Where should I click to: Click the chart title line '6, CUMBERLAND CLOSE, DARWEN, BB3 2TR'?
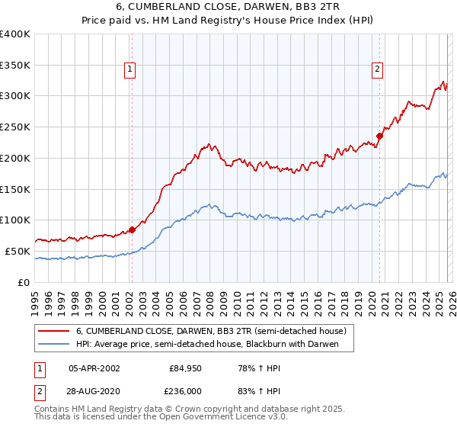tap(228, 8)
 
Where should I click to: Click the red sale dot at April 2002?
tap(132, 229)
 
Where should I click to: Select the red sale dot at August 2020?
tap(379, 136)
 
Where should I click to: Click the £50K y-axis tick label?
tap(18, 251)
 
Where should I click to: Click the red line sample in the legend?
tap(55, 331)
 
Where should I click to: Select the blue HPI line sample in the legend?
tap(55, 344)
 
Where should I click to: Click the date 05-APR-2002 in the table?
tap(94, 368)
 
